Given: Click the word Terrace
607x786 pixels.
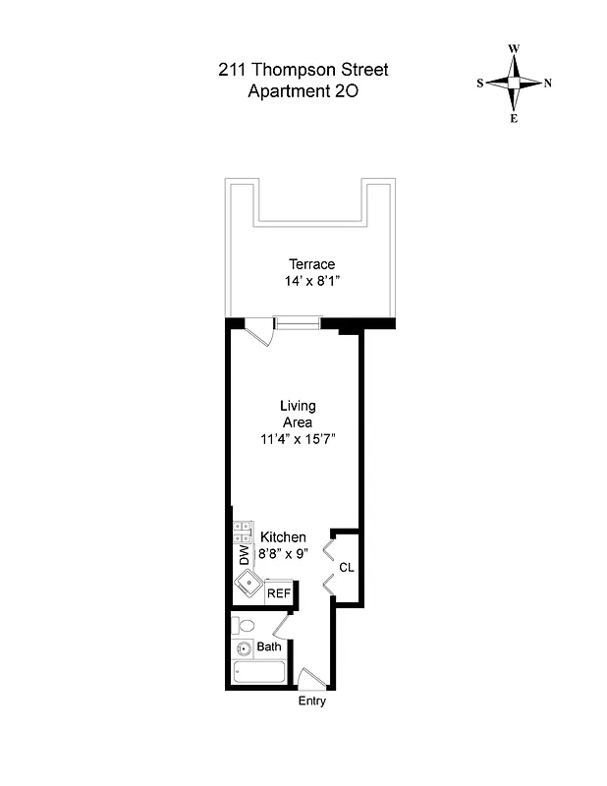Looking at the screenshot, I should (311, 263).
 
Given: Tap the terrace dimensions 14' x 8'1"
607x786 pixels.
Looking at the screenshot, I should (311, 281).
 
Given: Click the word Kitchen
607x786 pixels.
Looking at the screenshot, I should (283, 537).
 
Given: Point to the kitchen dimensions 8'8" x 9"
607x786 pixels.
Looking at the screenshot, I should (283, 553).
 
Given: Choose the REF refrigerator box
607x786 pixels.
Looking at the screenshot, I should (279, 592).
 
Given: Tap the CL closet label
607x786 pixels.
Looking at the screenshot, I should (346, 568).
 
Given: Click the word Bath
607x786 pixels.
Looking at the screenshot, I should (269, 646).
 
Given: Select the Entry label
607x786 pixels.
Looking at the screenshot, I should (311, 702).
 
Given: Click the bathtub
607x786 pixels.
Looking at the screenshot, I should (259, 673).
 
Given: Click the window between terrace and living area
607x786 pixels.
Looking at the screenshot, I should (298, 320).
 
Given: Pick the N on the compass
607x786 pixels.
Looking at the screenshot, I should (547, 84).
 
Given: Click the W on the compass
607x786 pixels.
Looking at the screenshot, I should (513, 48).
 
